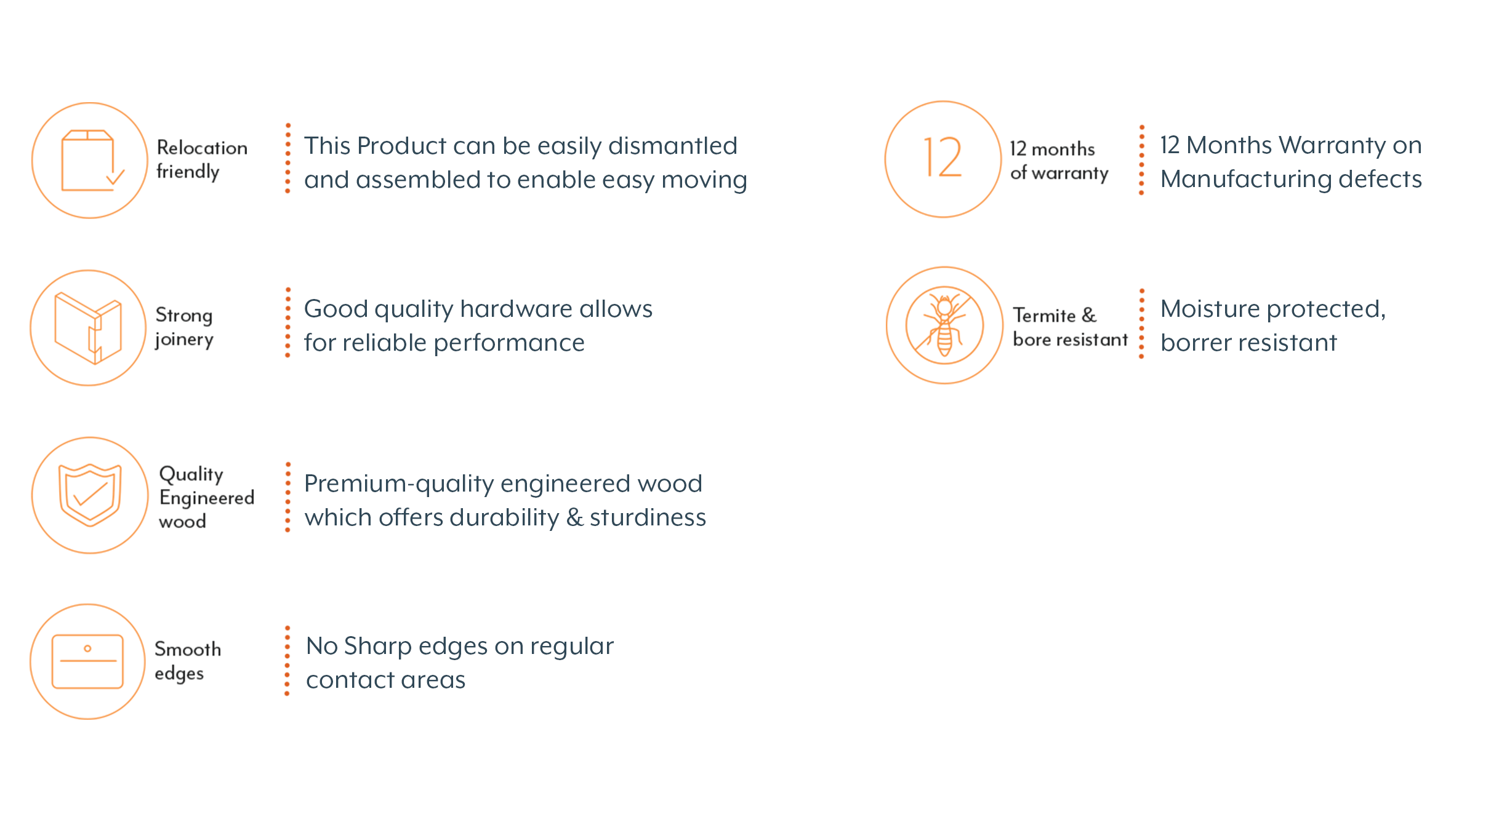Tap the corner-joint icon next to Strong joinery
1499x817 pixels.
pyautogui.click(x=88, y=328)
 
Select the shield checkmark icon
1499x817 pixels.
pyautogui.click(x=90, y=495)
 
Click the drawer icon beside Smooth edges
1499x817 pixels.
pyautogui.click(x=87, y=661)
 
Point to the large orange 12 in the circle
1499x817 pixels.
pyautogui.click(x=942, y=157)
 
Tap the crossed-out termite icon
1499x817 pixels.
pyautogui.click(x=944, y=325)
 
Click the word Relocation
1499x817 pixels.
pyautogui.click(x=202, y=148)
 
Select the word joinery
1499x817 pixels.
pyautogui.click(x=184, y=340)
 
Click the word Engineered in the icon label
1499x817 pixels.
pyautogui.click(x=207, y=498)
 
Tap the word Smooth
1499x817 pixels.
pyautogui.click(x=188, y=649)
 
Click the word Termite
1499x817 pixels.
pyautogui.click(x=1044, y=315)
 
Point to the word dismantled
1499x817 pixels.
pyautogui.click(x=673, y=146)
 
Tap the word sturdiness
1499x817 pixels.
pyautogui.click(x=648, y=517)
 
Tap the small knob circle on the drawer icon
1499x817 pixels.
pyautogui.click(x=87, y=648)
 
